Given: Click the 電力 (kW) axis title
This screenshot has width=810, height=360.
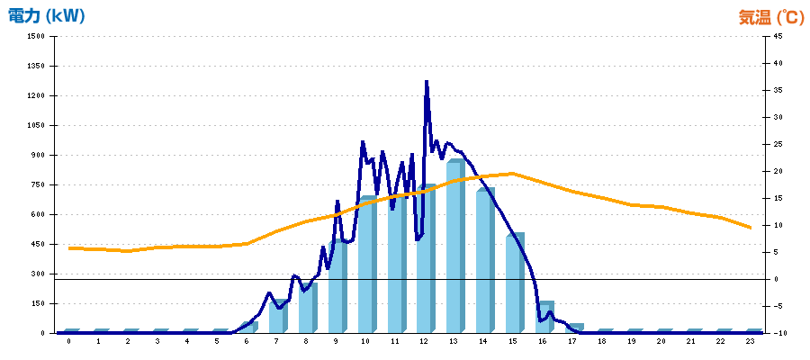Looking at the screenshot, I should (x=46, y=15).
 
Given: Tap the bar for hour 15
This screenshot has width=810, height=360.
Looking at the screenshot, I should (x=514, y=283).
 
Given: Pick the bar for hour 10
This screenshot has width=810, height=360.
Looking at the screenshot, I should (x=366, y=265).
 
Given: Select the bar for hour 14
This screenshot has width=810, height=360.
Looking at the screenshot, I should (x=484, y=261).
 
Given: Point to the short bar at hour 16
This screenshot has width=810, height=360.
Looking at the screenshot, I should (x=544, y=317).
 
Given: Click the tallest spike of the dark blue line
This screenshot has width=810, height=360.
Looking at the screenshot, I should (x=427, y=82).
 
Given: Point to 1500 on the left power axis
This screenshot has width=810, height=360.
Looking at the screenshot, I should (x=35, y=37).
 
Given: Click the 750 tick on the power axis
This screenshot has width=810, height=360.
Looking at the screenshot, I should (x=37, y=184).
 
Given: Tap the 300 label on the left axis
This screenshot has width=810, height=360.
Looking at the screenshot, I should (x=37, y=274).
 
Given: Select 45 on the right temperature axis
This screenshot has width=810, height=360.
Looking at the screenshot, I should (x=777, y=37).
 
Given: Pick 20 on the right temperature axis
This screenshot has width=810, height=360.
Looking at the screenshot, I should (x=777, y=171).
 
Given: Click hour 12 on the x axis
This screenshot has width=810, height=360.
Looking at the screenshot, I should (x=425, y=343).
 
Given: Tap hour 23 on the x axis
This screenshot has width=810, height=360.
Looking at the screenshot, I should (x=751, y=343).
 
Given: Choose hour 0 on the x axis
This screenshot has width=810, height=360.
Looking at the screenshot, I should (x=68, y=343).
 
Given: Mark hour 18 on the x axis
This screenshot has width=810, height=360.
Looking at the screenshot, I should (x=602, y=343).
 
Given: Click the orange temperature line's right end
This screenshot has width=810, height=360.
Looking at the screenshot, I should (x=751, y=228).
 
